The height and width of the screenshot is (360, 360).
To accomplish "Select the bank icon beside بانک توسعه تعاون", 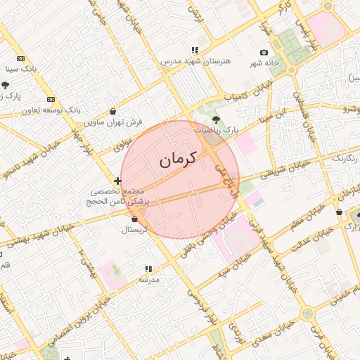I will point(51,99).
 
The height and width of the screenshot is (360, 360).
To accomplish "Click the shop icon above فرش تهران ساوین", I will point(113,111).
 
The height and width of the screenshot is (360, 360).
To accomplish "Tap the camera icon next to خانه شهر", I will point(264,53).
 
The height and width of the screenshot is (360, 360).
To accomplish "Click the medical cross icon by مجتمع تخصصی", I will point(117,181).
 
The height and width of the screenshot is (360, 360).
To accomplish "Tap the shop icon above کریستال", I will point(134,219).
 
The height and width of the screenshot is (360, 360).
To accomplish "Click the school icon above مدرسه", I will point(148,269).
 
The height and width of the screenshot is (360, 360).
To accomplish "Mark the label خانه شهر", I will point(264,64).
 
